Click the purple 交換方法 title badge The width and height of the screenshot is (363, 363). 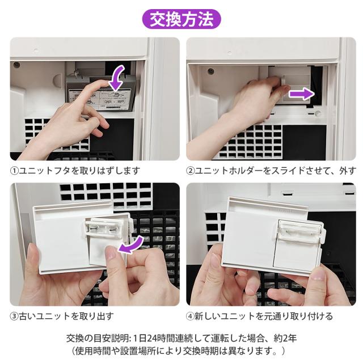pyautogui.click(x=181, y=19)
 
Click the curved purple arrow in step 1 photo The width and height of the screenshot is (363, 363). pyautogui.click(x=118, y=78)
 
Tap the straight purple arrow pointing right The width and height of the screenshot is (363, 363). pyautogui.click(x=302, y=94)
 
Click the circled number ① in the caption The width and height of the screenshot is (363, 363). pyautogui.click(x=14, y=171)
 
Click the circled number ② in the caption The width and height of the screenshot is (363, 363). pyautogui.click(x=191, y=171)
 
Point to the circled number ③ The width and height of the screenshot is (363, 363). pyautogui.click(x=14, y=316)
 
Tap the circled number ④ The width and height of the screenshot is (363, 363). pyautogui.click(x=191, y=316)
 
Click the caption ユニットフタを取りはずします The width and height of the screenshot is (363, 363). pyautogui.click(x=79, y=171)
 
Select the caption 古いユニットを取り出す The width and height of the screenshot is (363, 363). pyautogui.click(x=66, y=316)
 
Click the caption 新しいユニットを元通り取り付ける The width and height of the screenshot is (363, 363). pyautogui.click(x=264, y=316)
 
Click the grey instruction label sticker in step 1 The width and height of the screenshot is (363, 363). pyautogui.click(x=100, y=99)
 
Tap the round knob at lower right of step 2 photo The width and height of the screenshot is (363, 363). pyautogui.click(x=318, y=113)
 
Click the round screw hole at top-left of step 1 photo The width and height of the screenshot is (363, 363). pyautogui.click(x=16, y=65)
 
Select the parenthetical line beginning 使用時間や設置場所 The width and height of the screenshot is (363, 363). pyautogui.click(x=178, y=351)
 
